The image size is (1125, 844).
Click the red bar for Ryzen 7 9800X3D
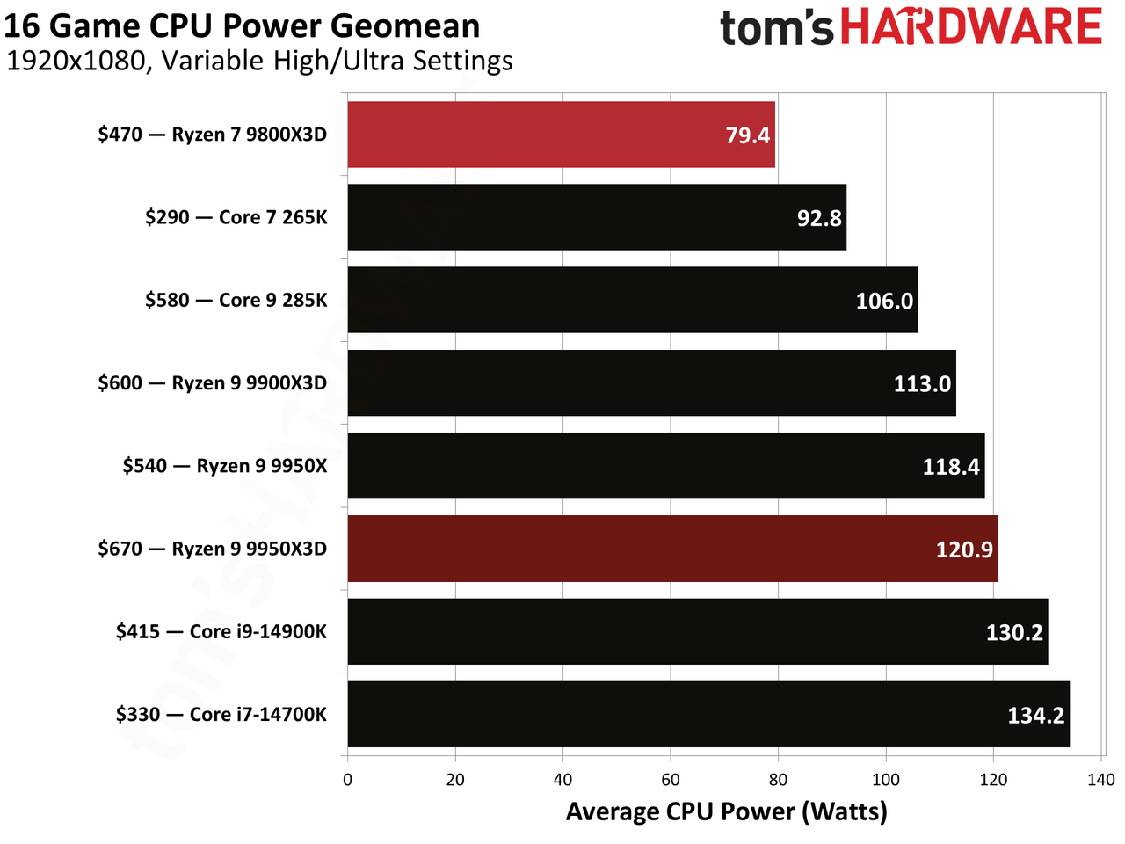562,135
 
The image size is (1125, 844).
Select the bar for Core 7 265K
597,217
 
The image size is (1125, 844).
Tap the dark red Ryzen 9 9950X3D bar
673,549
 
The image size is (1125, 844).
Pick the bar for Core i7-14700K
708,715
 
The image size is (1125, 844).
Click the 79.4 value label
748,135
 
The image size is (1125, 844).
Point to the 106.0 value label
885,301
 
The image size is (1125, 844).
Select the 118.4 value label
951,467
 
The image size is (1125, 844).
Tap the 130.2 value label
1015,632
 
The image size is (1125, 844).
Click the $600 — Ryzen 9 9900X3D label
212,383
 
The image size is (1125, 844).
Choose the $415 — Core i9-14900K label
221,632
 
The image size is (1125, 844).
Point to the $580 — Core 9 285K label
236,301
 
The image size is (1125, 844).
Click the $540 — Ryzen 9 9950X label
224,466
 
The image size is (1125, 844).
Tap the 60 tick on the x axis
671,780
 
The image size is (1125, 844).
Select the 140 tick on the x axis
1101,780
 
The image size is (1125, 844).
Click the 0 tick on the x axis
347,780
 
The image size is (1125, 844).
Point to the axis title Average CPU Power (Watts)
726,812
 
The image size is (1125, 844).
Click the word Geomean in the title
405,26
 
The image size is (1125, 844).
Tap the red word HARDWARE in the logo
971,25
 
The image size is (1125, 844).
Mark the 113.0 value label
923,384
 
